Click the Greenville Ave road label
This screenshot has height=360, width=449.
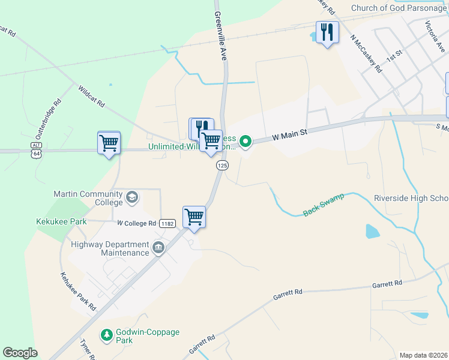pyautogui.click(x=220, y=36)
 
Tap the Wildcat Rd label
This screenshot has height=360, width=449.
pyautogui.click(x=91, y=96)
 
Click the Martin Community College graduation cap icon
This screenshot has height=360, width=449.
pyautogui.click(x=132, y=197)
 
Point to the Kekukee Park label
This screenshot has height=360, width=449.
pyautogui.click(x=61, y=221)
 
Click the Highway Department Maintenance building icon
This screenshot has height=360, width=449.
pyautogui.click(x=158, y=248)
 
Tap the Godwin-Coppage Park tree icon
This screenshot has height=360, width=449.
pyautogui.click(x=106, y=335)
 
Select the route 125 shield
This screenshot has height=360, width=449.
pyautogui.click(x=222, y=165)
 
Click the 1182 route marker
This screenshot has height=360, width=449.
pyautogui.click(x=167, y=223)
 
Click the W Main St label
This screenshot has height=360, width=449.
pyautogui.click(x=289, y=136)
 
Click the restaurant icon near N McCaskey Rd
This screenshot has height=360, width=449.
pyautogui.click(x=327, y=32)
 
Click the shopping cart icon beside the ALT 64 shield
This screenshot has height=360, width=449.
pyautogui.click(x=109, y=143)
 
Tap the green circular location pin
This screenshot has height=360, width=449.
pyautogui.click(x=245, y=142)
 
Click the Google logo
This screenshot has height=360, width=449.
pyautogui.click(x=20, y=353)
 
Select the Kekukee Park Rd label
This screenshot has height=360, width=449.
pyautogui.click(x=78, y=291)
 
